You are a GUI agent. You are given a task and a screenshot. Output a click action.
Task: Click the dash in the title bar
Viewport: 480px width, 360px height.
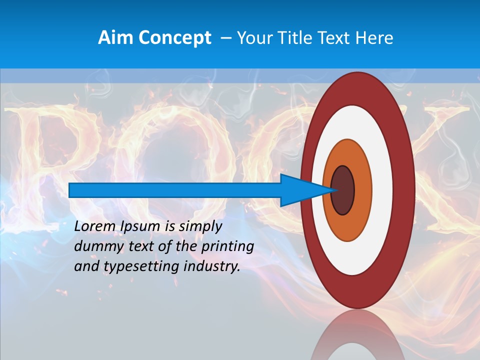[225, 37]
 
